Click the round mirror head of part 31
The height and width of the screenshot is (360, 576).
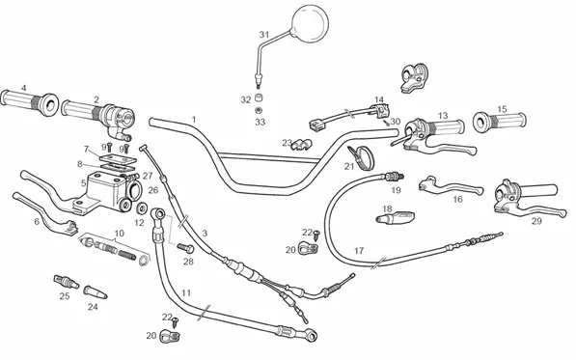(x=310, y=23)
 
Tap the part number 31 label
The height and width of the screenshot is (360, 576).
(x=264, y=35)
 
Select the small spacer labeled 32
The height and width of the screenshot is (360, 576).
(x=259, y=98)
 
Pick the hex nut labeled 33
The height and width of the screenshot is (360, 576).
(x=259, y=110)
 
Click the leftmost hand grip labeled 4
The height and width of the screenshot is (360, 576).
(x=29, y=102)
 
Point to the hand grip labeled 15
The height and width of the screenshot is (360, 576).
(x=500, y=121)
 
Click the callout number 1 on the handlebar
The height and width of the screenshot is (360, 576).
(x=194, y=120)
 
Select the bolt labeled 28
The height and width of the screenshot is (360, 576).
(x=186, y=248)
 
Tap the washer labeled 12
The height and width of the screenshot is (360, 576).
(x=141, y=208)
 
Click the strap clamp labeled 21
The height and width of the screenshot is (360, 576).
(x=362, y=157)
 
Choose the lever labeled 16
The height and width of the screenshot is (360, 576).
(x=451, y=185)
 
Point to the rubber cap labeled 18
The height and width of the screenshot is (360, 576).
(x=396, y=217)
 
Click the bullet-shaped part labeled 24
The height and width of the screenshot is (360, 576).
(x=96, y=292)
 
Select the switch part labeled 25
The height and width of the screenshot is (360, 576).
(x=67, y=282)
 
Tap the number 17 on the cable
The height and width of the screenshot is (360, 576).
(x=359, y=251)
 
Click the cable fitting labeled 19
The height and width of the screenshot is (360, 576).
(x=394, y=177)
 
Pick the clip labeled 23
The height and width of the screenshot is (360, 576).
(x=301, y=145)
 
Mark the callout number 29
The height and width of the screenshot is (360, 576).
(x=536, y=221)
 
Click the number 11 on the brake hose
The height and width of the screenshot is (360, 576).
(x=186, y=292)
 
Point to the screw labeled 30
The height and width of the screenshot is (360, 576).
(x=386, y=123)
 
